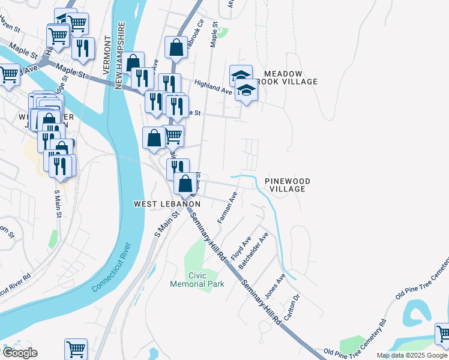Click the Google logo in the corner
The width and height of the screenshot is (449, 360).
pyautogui.click(x=20, y=353)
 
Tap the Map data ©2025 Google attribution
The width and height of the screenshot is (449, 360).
pyautogui.click(x=412, y=355)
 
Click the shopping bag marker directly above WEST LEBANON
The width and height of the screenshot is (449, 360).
pyautogui.click(x=185, y=184)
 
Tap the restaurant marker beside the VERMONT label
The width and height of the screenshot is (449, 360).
pyautogui.click(x=83, y=49)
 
